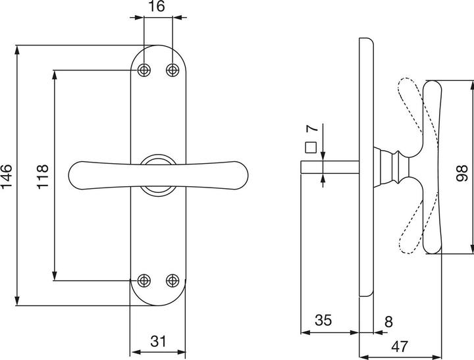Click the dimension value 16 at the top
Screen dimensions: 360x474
tap(157, 7)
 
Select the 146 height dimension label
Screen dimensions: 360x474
tap(7, 176)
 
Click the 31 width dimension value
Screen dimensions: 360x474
tap(158, 341)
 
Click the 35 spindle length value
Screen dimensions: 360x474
tap(323, 321)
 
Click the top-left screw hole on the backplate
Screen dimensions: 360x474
tap(144, 70)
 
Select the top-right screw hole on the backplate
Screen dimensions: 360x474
tap(172, 70)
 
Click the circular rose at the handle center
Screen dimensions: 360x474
tap(158, 175)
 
